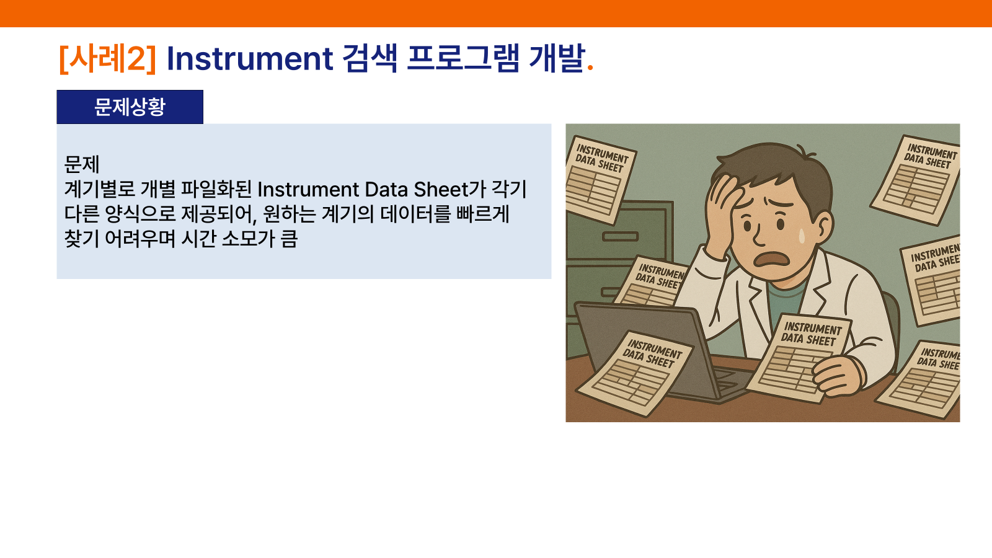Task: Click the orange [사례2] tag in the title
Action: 108,58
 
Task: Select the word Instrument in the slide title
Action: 250,58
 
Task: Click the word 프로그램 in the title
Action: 463,58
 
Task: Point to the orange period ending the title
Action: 590,68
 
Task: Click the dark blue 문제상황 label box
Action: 130,107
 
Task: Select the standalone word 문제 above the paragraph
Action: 82,164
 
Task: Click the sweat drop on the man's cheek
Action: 802,236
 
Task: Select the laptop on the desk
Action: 655,350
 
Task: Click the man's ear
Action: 824,228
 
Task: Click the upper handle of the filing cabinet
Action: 620,236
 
